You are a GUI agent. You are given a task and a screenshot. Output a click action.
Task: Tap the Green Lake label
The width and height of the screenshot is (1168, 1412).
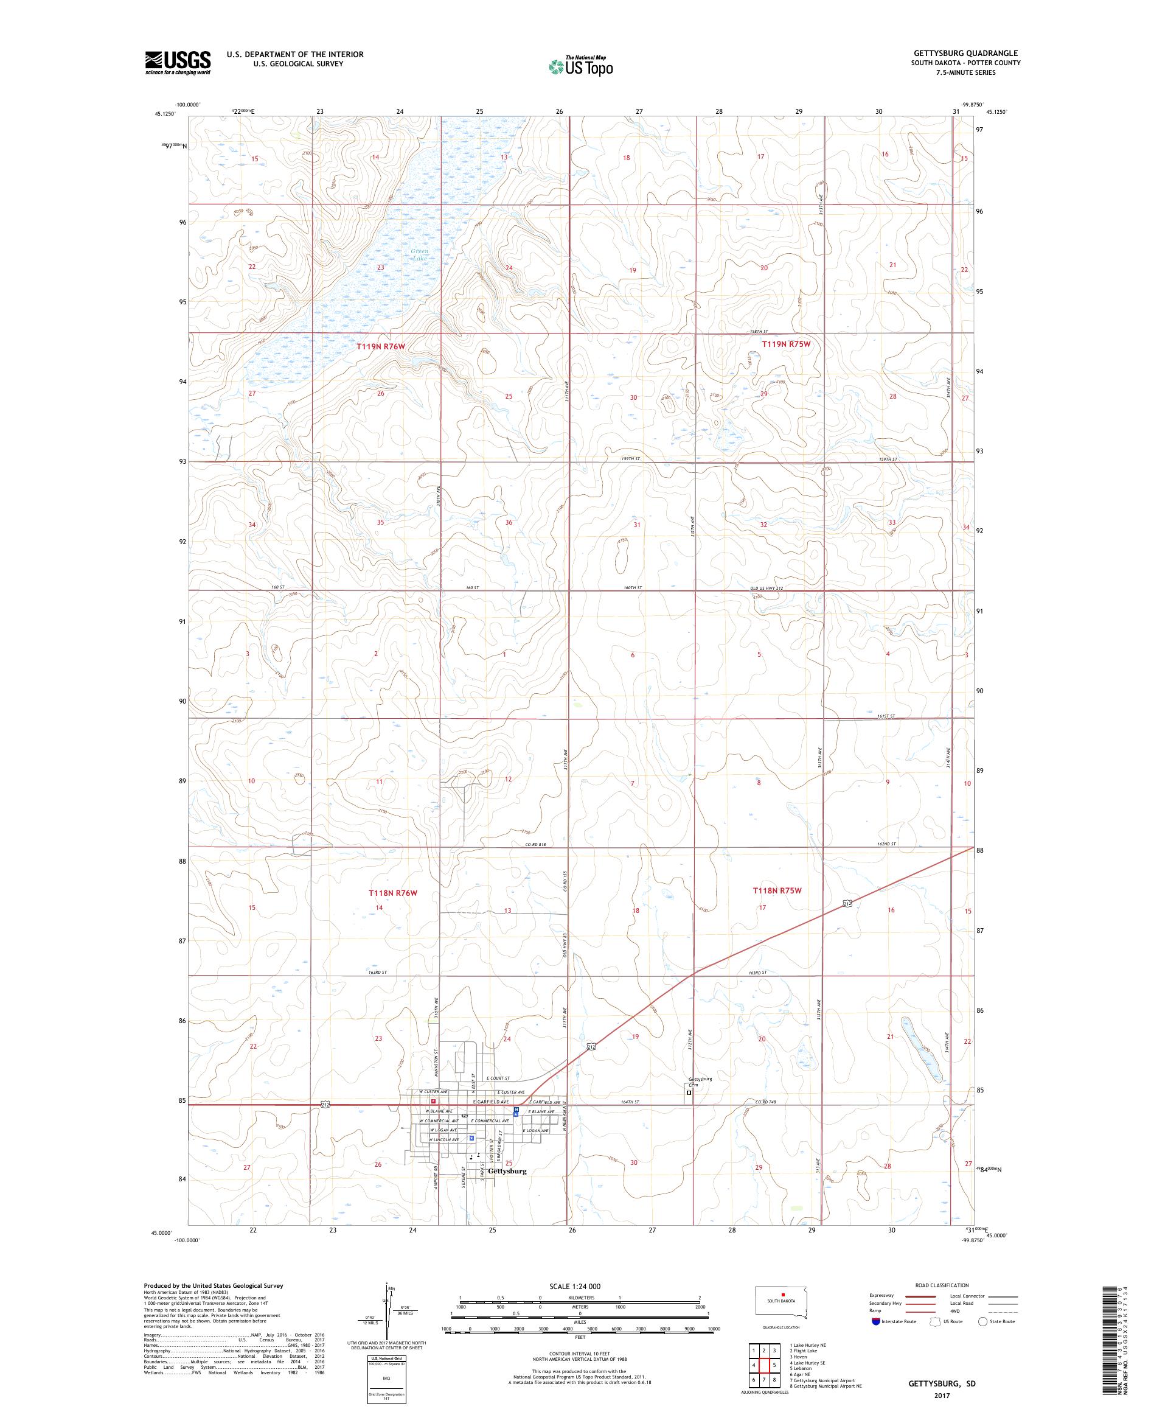420,254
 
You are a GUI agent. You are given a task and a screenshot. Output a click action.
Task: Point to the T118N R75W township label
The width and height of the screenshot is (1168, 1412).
777,890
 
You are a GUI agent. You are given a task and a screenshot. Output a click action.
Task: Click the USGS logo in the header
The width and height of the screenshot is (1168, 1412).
178,63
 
